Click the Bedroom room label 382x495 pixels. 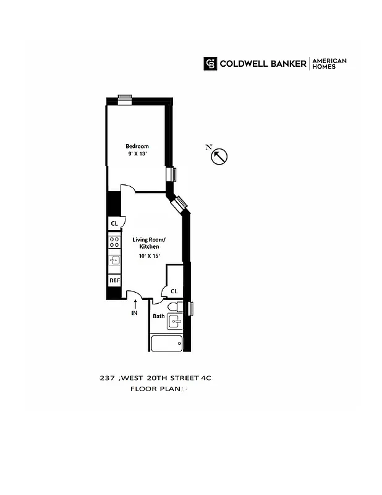(x=137, y=146)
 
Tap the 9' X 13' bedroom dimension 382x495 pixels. (x=137, y=154)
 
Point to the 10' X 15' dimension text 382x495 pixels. (x=149, y=256)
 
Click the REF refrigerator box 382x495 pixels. (x=114, y=280)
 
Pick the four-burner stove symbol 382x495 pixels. (x=114, y=242)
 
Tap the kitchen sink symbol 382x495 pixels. (x=114, y=260)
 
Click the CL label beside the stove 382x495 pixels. (x=114, y=223)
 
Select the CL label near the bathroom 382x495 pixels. (x=174, y=291)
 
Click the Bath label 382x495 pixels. (x=159, y=316)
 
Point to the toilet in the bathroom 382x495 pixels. (x=174, y=306)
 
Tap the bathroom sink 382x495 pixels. (x=176, y=321)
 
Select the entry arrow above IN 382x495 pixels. (x=135, y=303)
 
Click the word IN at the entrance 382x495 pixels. (x=134, y=314)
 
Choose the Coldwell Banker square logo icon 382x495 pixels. (x=210, y=63)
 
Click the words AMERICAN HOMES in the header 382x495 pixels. (x=329, y=63)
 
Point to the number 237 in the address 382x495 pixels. (x=108, y=377)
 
